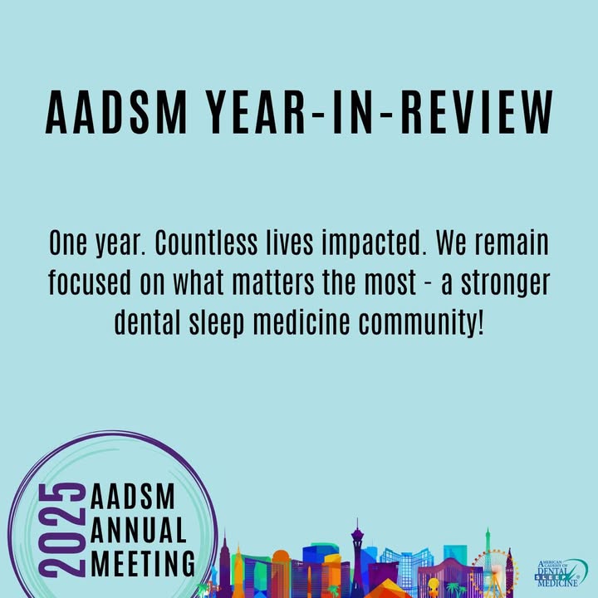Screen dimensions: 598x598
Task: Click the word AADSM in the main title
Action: pos(116,112)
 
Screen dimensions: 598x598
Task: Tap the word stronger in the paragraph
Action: pos(506,284)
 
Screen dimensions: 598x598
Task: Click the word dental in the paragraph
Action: pos(147,321)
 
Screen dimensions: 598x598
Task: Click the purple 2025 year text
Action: pos(61,530)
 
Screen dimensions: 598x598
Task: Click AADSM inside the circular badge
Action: pos(132,495)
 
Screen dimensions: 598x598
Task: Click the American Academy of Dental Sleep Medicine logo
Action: pos(561,572)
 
